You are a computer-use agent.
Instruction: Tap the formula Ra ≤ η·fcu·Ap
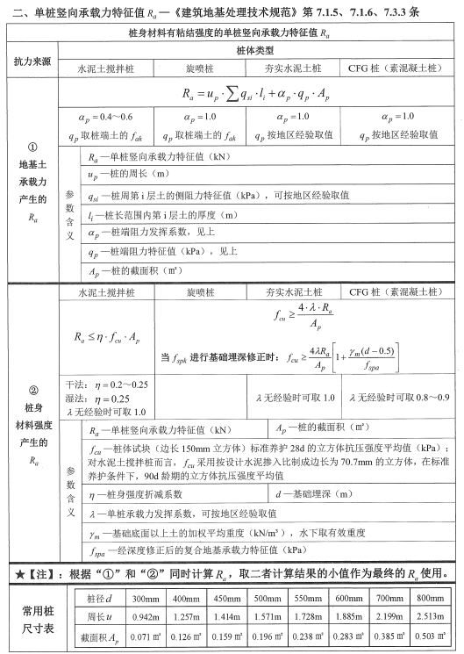(x=109, y=334)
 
